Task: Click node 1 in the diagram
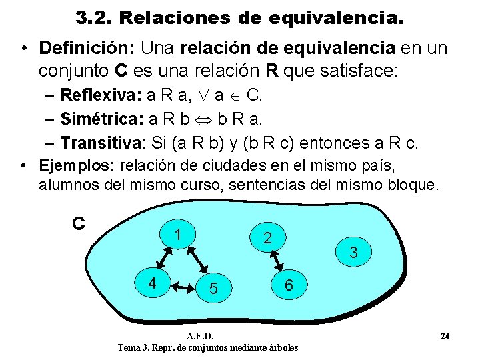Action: (177, 235)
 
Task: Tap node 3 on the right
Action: (353, 253)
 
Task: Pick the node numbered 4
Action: (152, 283)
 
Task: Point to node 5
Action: (213, 288)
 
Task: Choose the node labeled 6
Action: (288, 285)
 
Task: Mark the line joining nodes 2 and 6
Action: (278, 261)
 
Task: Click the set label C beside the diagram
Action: (78, 223)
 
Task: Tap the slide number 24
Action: (445, 336)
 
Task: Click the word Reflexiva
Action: (97, 94)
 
